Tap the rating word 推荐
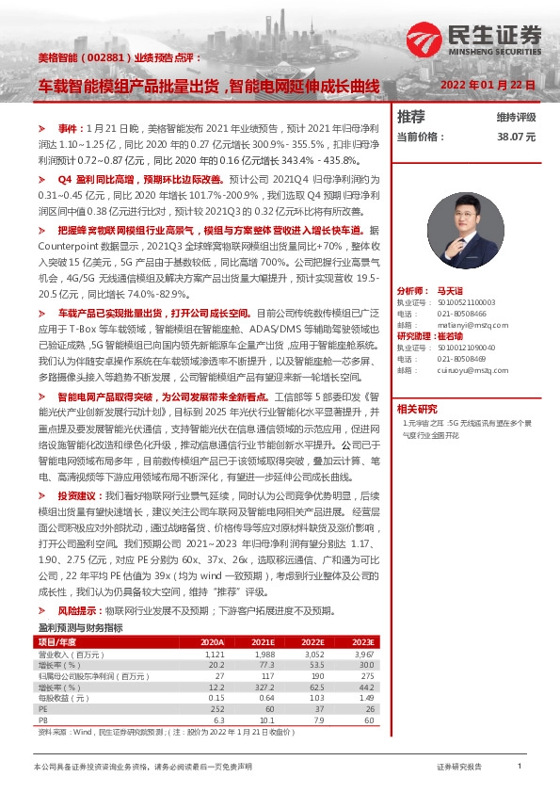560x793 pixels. coord(411,117)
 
